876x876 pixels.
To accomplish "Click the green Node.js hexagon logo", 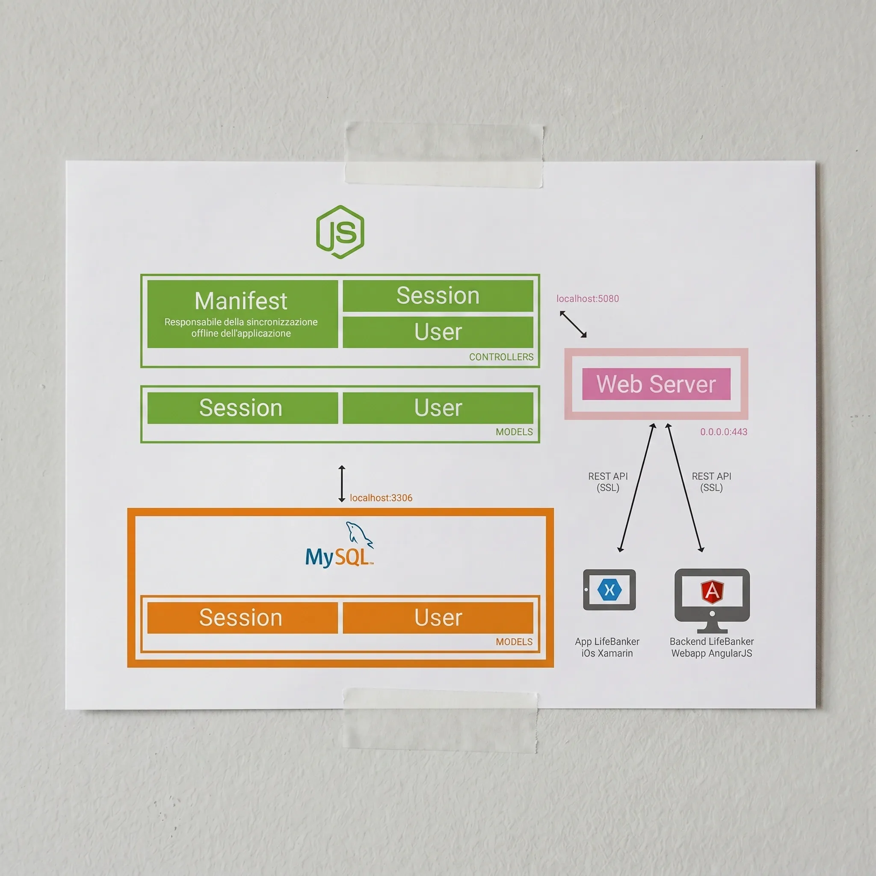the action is [x=340, y=232].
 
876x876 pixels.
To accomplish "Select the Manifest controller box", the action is [x=243, y=314].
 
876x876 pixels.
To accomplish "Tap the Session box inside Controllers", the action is [x=438, y=296].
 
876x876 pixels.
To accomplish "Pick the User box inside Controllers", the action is [x=438, y=332].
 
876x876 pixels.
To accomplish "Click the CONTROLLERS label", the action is [x=501, y=357].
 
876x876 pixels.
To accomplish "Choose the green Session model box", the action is [x=243, y=408].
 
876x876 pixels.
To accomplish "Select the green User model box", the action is [x=438, y=408].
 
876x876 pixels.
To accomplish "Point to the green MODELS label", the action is [x=514, y=432].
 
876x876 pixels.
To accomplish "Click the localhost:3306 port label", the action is [x=381, y=498].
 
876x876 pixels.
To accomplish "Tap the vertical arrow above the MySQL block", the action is [x=342, y=483].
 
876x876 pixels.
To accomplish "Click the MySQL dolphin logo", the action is [x=340, y=545].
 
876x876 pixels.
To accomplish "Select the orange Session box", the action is [x=243, y=618].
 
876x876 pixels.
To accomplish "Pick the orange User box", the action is [x=438, y=618].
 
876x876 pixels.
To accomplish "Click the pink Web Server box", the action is [x=656, y=384].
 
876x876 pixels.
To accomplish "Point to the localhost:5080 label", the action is [x=588, y=299].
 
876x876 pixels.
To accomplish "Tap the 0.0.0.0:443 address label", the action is [x=724, y=432].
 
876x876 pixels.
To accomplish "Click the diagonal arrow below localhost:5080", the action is [x=573, y=324].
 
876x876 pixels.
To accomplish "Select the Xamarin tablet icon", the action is [x=610, y=590].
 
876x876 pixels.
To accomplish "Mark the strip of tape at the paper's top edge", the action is [x=444, y=154].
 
